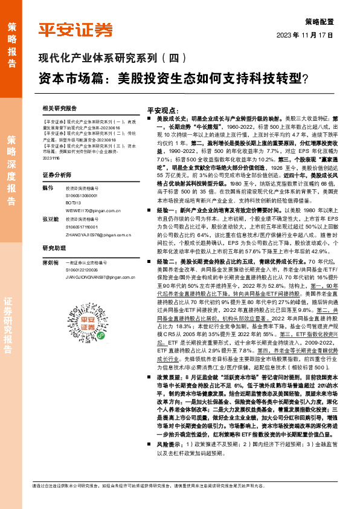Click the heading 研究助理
(x=54, y=248)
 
